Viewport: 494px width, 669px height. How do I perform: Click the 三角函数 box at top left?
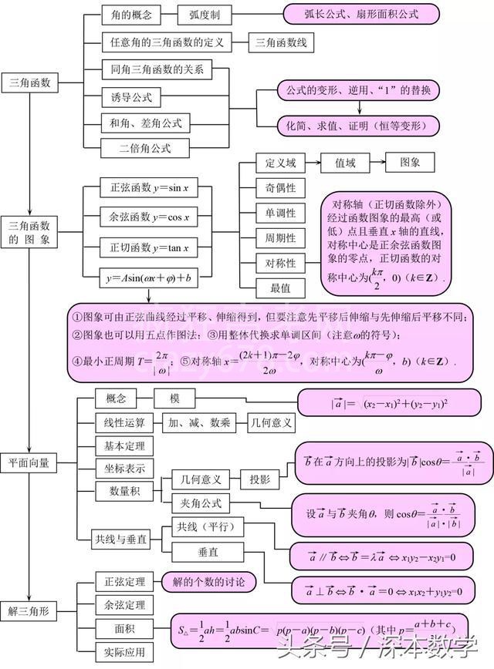[30, 82]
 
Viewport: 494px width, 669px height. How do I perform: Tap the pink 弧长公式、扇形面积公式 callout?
[361, 15]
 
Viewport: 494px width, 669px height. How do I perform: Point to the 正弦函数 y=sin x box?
[144, 188]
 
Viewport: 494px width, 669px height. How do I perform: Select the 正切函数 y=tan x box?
[144, 247]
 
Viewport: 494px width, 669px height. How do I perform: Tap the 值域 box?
[345, 163]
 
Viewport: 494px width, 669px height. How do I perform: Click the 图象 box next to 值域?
[410, 163]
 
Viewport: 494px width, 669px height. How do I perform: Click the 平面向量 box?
[30, 462]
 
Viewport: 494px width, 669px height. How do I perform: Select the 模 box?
[175, 398]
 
